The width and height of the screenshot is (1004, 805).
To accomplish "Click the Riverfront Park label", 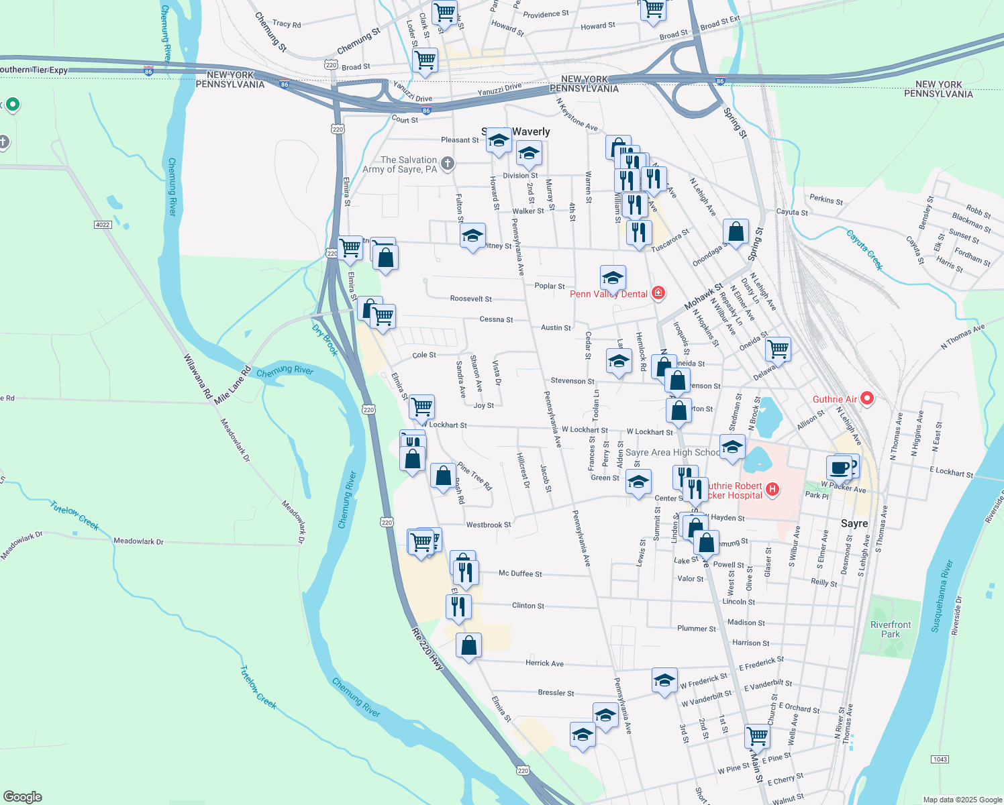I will [x=891, y=629].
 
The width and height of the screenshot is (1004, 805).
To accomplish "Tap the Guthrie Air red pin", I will [x=867, y=399].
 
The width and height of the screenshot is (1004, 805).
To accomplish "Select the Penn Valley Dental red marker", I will [x=658, y=292].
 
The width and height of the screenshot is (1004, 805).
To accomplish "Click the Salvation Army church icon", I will [x=448, y=163].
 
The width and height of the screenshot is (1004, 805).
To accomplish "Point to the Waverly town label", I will [x=531, y=131].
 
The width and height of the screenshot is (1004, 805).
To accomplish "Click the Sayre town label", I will [x=854, y=523].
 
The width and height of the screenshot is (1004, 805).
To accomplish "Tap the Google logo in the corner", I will [x=22, y=796].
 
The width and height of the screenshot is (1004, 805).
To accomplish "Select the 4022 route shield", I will [x=103, y=225].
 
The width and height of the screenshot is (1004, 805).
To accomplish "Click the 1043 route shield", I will [x=940, y=759].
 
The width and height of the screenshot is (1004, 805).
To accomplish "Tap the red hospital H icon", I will [x=772, y=490].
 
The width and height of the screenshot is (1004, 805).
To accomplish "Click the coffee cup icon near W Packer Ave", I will [x=839, y=467].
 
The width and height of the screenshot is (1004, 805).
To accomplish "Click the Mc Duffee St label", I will [x=520, y=574].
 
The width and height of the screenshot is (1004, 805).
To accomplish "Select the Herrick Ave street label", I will [x=544, y=663].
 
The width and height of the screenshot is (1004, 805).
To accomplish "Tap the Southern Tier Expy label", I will [x=34, y=70].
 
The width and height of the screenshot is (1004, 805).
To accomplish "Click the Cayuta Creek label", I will [x=864, y=249].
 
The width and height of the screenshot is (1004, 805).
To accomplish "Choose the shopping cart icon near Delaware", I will [x=778, y=348].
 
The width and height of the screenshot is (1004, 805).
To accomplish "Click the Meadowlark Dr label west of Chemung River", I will [x=138, y=541].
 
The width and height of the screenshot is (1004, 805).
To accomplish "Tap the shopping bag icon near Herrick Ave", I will [x=469, y=645].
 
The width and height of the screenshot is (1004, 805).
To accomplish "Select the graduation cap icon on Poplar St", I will [x=613, y=276].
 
